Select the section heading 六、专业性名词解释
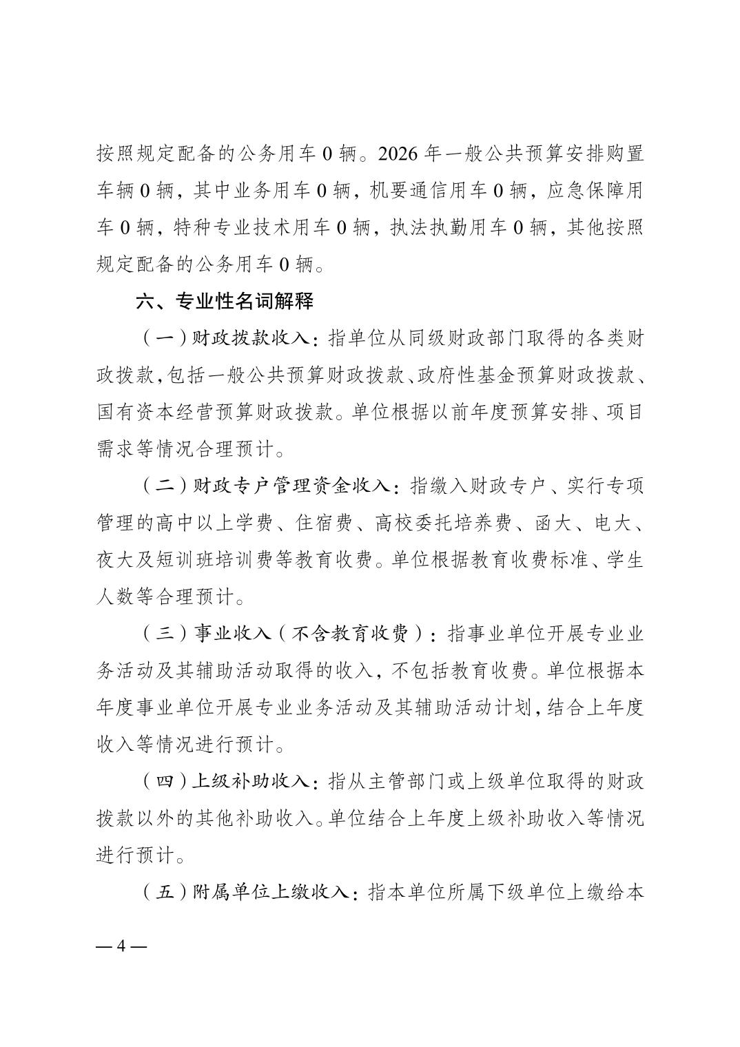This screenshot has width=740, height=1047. tap(225, 301)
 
